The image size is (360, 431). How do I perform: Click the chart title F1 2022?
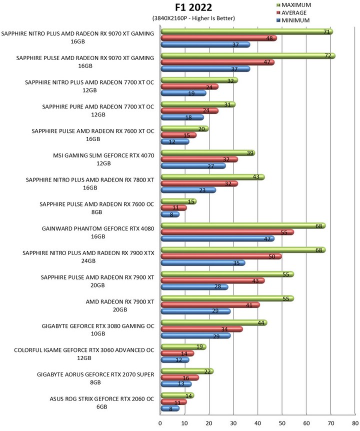193,7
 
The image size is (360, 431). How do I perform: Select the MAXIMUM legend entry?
293,5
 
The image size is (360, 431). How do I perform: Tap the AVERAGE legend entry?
291,12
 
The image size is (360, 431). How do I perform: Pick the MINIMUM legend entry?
293,20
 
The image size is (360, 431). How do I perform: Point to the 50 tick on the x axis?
282,423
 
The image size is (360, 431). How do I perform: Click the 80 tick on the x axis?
355,423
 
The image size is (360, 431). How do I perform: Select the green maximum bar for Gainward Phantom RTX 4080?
243,226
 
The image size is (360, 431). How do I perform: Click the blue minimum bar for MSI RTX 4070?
193,166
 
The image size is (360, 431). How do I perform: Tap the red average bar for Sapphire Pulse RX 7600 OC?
173,208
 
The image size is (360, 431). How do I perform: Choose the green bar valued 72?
248,56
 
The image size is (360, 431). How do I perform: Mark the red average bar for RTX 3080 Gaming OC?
201,329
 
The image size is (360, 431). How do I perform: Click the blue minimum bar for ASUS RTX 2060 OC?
170,408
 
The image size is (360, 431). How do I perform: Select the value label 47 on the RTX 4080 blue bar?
267,239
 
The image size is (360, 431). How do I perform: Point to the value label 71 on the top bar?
326,32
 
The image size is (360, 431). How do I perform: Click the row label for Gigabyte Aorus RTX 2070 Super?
95,378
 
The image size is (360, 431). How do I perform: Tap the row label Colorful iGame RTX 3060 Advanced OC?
84,354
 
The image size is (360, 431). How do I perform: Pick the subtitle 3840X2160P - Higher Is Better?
193,18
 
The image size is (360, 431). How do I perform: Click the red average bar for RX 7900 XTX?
221,256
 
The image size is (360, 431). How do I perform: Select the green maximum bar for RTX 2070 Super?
187,371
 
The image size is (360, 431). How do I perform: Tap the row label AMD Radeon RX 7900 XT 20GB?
120,305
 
